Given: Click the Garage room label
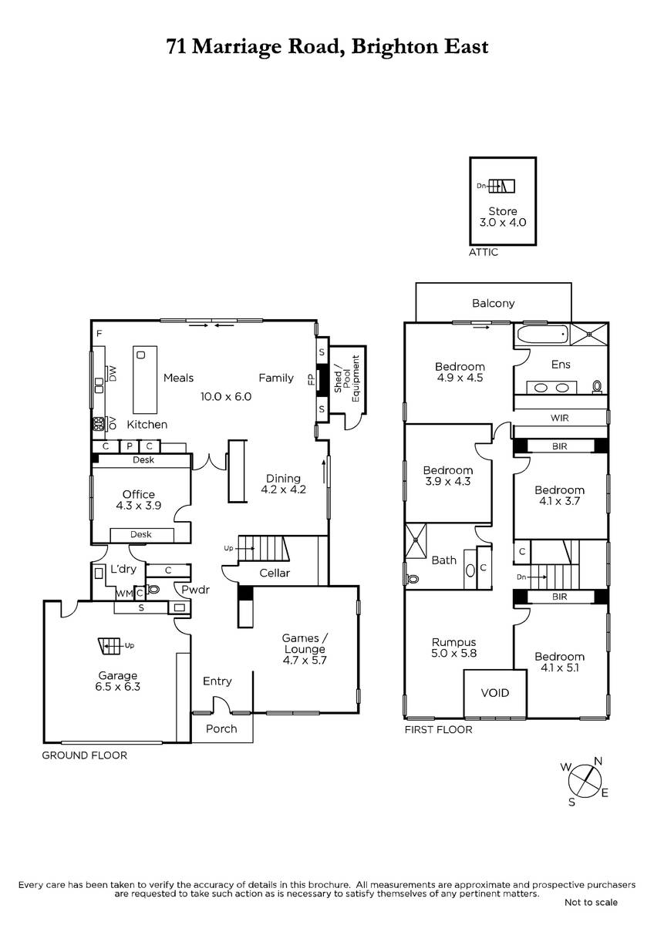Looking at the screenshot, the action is point(117,676).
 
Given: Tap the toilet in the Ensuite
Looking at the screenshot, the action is point(597,387).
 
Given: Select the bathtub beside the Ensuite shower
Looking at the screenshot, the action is point(541,335).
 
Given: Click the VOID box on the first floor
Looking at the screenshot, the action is point(495,694).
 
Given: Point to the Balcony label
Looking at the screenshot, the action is point(494,304).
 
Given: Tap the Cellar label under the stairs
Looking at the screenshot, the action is point(275,573).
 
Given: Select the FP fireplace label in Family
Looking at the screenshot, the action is point(311,379).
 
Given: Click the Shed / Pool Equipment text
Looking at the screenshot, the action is point(347,379).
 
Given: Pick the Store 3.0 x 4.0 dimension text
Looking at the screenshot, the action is point(502,223).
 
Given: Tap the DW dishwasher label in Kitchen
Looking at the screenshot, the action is point(113,374).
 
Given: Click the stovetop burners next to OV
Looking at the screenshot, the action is point(98,424).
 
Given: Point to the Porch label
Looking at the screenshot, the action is point(221,729).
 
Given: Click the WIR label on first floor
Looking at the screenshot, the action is point(559,418).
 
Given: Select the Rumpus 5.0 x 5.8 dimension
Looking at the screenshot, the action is point(453,654).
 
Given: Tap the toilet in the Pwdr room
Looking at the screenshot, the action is point(153,590).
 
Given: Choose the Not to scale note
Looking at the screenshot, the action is point(591,903).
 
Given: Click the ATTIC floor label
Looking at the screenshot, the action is point(484,252).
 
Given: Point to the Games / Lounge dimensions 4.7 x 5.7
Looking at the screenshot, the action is point(305,661).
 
